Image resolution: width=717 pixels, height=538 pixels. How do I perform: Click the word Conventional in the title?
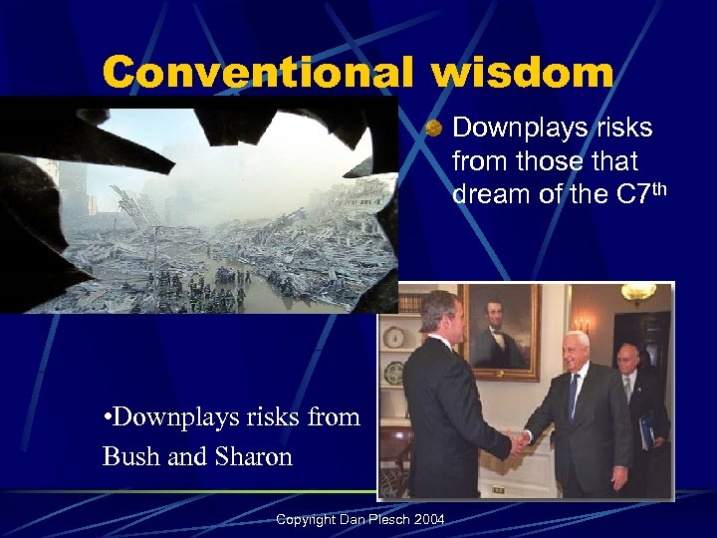[x=258, y=72]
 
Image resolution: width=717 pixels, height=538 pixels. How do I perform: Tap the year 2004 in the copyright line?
[x=428, y=519]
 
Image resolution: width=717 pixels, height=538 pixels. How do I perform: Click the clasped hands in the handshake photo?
[x=519, y=440]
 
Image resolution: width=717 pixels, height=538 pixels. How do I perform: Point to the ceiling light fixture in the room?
[x=637, y=293]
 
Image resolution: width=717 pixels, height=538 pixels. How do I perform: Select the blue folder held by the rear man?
[x=646, y=429]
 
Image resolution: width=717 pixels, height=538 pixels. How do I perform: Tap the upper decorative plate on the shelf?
[x=394, y=337]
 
